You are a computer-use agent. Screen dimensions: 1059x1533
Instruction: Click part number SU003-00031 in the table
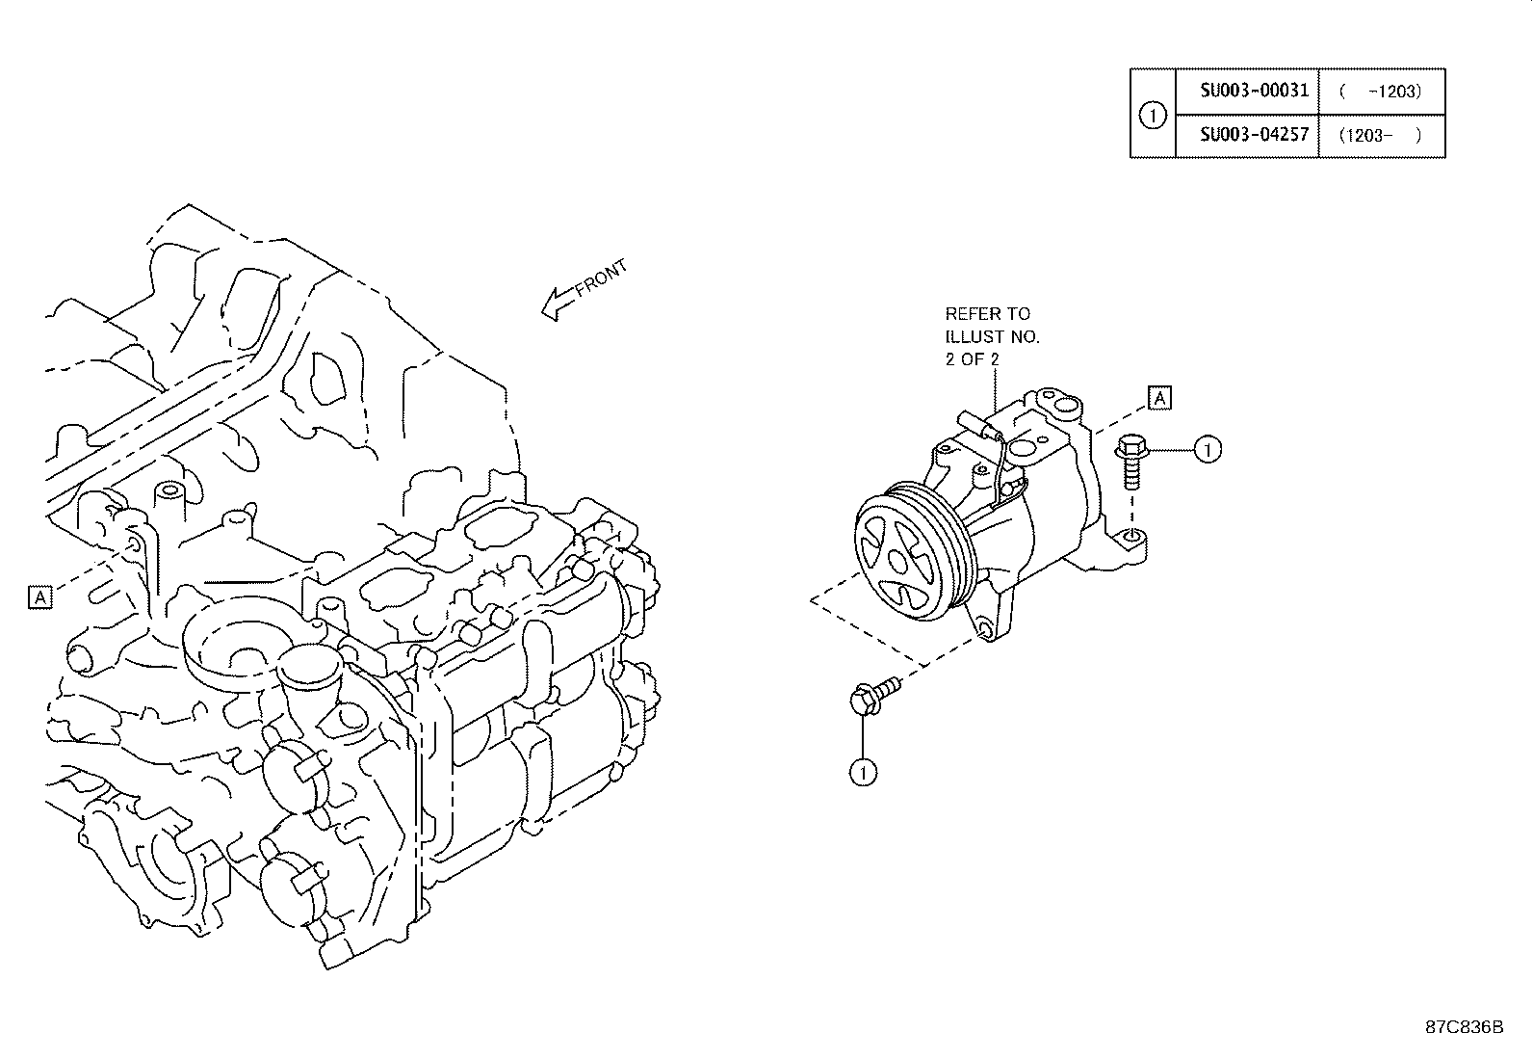point(1254,91)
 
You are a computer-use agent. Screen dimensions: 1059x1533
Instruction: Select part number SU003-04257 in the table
point(1254,134)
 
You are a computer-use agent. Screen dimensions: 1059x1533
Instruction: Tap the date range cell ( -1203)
point(1380,92)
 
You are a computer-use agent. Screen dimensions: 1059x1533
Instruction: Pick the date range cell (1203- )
point(1380,135)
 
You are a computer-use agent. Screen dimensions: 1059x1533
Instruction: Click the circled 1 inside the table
point(1152,115)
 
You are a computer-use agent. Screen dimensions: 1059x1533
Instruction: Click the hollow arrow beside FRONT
point(558,304)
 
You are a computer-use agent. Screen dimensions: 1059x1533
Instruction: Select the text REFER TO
point(986,313)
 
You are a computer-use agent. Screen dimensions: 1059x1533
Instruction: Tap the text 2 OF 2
point(972,358)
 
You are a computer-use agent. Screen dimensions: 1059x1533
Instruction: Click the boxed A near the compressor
point(1160,397)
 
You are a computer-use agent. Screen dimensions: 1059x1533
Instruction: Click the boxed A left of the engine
point(39,597)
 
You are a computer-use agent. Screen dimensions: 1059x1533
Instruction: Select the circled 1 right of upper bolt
point(1208,449)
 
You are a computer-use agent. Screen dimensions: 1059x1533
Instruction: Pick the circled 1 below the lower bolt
point(863,771)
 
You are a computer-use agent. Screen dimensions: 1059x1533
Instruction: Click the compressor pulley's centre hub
point(898,560)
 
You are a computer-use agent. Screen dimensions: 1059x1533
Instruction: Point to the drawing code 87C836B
point(1464,1026)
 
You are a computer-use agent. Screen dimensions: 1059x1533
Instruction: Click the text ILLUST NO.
point(992,336)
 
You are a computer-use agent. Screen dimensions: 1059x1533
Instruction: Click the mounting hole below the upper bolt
point(1132,535)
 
